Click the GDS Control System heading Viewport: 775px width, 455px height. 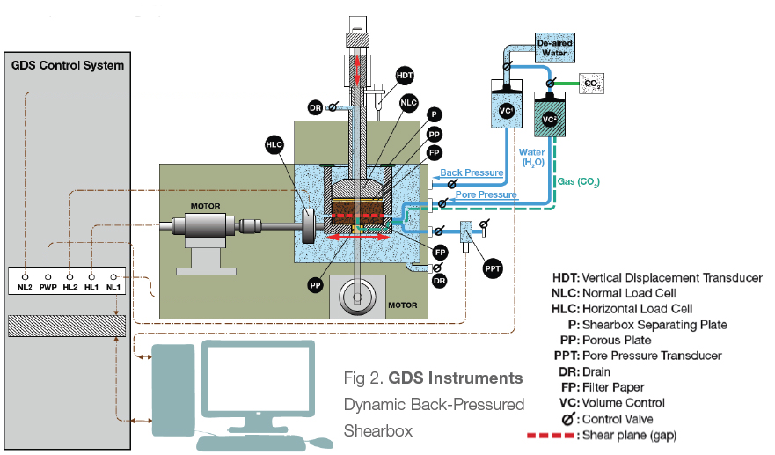click(x=67, y=66)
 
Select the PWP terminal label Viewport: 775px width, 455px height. click(x=48, y=287)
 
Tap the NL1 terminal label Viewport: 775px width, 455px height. click(x=113, y=287)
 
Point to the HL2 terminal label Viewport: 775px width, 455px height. click(x=69, y=287)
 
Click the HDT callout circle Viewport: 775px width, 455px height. click(x=405, y=76)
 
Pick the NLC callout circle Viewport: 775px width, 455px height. click(x=408, y=103)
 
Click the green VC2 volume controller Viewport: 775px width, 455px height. click(x=550, y=119)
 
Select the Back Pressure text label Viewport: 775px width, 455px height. click(x=472, y=172)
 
